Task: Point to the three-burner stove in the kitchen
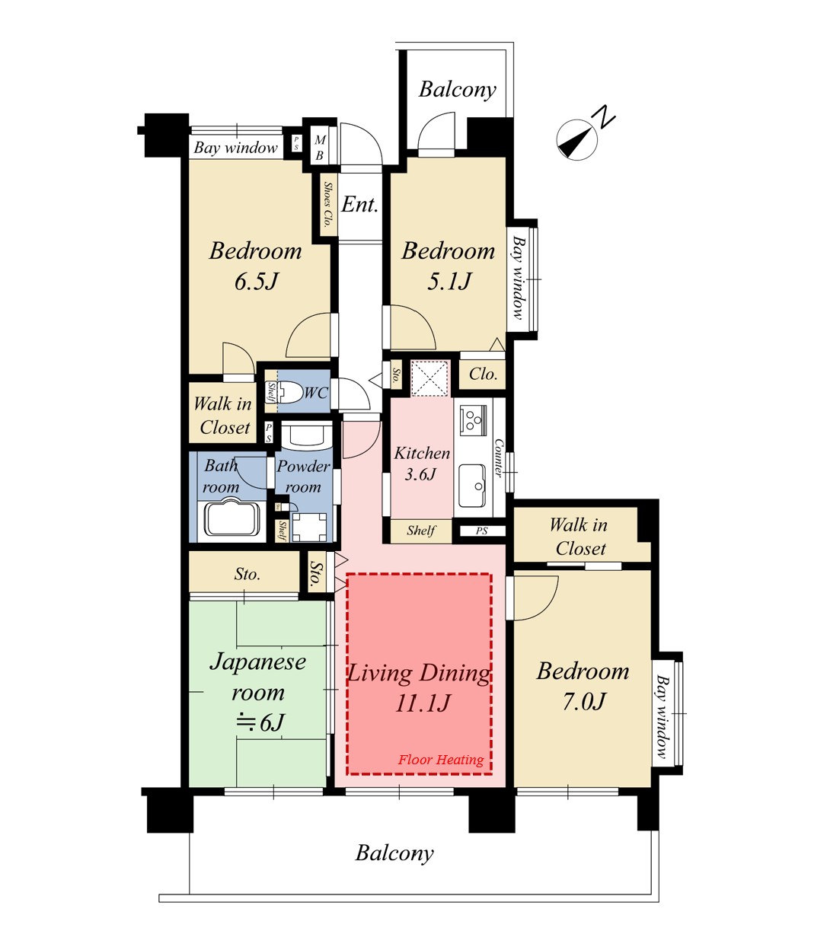coord(474,419)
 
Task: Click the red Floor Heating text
coord(441,760)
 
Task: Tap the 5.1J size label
coord(449,282)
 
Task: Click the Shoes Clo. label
coord(328,204)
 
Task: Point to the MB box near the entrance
coord(320,147)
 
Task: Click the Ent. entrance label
coord(359,204)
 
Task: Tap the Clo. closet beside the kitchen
coord(482,374)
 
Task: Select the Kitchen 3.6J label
coord(422,463)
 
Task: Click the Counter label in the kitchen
coord(498,457)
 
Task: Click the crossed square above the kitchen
coord(430,378)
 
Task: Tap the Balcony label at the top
coord(458,89)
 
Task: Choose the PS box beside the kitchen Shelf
coord(482,531)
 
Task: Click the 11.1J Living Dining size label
coord(422,703)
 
